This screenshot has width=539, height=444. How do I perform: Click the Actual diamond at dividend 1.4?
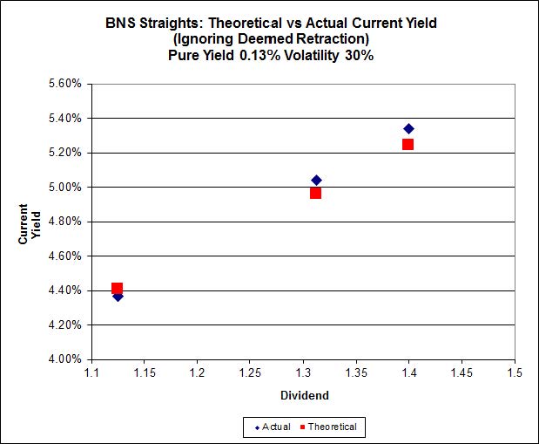[x=408, y=128]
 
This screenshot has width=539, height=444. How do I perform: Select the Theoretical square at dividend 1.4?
[x=408, y=144]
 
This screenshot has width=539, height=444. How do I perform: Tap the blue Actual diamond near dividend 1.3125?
[x=316, y=180]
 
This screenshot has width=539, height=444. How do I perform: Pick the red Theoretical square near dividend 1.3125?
[x=315, y=193]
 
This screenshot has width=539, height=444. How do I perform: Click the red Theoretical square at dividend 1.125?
[x=118, y=287]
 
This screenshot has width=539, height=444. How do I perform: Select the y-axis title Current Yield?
[x=29, y=222]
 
